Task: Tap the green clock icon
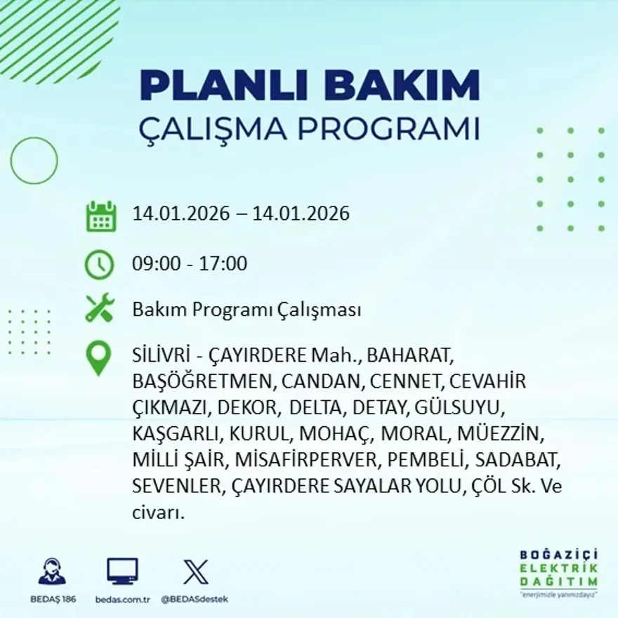coord(100,265)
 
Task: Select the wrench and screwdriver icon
coord(100,308)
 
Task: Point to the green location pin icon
coord(98,357)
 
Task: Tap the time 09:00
coord(155,265)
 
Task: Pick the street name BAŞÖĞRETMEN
coord(201,381)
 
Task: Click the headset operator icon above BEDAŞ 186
coord(52,572)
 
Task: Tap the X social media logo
coord(196,572)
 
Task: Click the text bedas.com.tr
coord(122,599)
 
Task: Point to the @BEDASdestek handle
coord(195,599)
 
